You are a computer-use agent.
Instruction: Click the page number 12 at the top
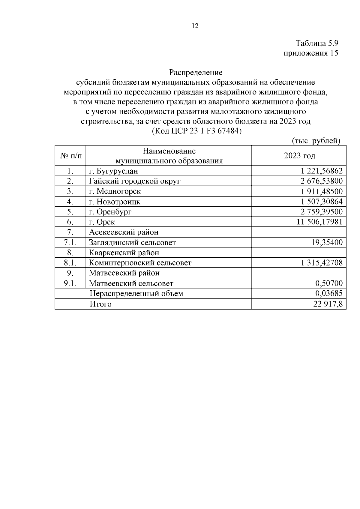coord(195,26)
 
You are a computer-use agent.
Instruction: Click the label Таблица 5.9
coord(317,43)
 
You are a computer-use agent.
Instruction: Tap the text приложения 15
coord(311,53)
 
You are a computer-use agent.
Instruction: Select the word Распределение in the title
coord(196,73)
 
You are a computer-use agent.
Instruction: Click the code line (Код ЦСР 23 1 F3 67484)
coord(196,131)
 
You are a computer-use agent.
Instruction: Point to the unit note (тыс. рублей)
coord(316,141)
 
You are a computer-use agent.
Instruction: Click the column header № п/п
coord(70,156)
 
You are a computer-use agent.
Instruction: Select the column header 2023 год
coord(299,156)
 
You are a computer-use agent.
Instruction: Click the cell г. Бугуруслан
coord(114,171)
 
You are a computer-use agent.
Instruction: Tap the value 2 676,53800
coord(321,181)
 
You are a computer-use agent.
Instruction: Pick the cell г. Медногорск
coord(115,191)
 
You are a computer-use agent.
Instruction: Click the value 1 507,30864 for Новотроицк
coord(321,202)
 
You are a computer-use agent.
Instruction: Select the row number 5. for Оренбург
coord(70,212)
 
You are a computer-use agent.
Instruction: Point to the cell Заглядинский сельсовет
coord(132,242)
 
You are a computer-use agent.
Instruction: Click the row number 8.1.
coord(70,263)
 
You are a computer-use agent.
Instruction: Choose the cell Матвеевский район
coord(124,273)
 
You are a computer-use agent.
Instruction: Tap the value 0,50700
coord(329,283)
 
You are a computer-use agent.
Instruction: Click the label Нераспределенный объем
coord(136,293)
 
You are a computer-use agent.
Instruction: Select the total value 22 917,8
coord(328,304)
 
